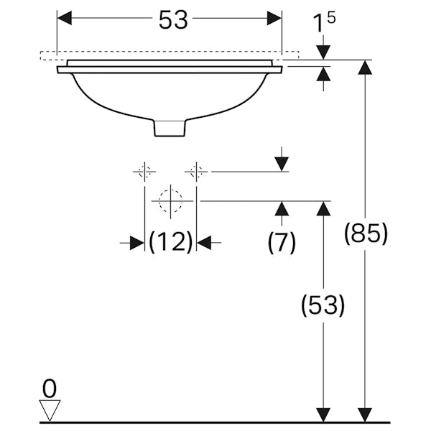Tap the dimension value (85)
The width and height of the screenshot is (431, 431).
pyautogui.click(x=366, y=234)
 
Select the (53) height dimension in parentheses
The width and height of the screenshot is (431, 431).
pyautogui.click(x=323, y=306)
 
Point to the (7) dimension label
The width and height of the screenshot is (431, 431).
pyautogui.click(x=282, y=243)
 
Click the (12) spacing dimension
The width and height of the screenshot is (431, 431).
pyautogui.click(x=171, y=243)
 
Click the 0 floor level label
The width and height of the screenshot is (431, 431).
pyautogui.click(x=50, y=389)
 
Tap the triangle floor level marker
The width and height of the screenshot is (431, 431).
pyautogui.click(x=50, y=411)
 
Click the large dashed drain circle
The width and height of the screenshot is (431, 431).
pyautogui.click(x=170, y=201)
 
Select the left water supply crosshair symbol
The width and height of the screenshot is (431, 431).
pyautogui.click(x=144, y=172)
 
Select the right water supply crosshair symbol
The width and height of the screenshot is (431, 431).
pyautogui.click(x=195, y=172)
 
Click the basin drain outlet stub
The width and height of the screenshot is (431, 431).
pyautogui.click(x=171, y=127)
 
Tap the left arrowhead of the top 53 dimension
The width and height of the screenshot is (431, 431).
pyautogui.click(x=65, y=19)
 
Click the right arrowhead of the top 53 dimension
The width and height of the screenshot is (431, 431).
pyautogui.click(x=274, y=19)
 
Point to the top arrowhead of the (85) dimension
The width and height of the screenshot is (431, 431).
pyautogui.click(x=366, y=68)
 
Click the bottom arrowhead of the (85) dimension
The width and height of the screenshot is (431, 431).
pyautogui.click(x=366, y=414)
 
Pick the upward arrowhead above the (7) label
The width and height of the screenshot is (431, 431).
pyautogui.click(x=282, y=209)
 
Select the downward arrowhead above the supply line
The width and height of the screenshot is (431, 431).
pyautogui.click(x=282, y=164)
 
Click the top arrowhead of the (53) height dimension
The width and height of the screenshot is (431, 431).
pyautogui.click(x=323, y=209)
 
